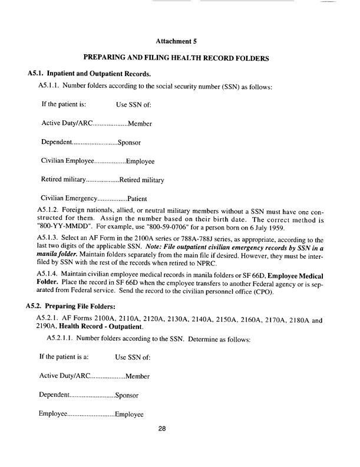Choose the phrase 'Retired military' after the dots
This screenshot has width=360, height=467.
coord(141,179)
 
